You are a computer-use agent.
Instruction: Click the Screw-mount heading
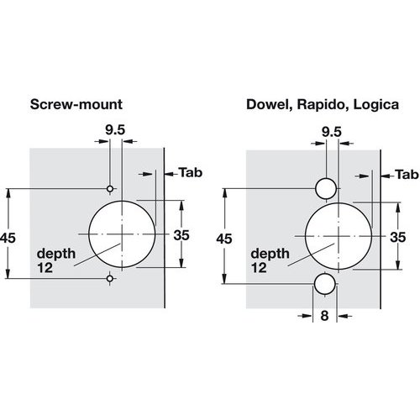pos(76,104)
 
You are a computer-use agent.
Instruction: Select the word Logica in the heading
pos(376,105)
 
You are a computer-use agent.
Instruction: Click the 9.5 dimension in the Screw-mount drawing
pos(115,130)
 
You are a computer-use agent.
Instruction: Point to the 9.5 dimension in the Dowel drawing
pos(332,132)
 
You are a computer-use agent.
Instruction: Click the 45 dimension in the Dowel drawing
pos(224,239)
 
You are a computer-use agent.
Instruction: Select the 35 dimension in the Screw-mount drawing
pos(181,235)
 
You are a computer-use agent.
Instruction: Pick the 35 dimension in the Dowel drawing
pos(398,238)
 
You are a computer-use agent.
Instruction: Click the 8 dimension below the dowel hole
pos(324,316)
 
